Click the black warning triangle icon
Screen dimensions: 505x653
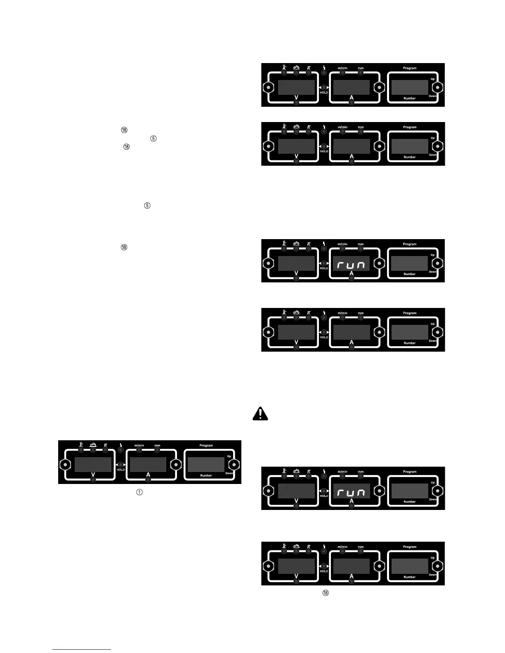pos(260,413)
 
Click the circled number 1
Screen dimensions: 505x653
pos(139,492)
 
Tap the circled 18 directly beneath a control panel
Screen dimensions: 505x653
pos(326,593)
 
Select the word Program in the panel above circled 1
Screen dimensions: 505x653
pos(206,446)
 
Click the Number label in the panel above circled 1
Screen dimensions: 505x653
pos(206,475)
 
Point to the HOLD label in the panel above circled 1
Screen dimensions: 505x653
pos(120,470)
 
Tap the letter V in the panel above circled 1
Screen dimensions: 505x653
pos(93,475)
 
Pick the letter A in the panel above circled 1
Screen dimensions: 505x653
pos(148,475)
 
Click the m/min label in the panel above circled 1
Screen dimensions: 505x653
pos(139,446)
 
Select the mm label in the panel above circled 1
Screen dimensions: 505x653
pos(157,446)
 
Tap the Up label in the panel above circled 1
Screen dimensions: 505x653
pos(229,456)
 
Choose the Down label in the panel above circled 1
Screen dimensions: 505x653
pos(229,473)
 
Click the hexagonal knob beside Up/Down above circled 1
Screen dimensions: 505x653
pos(234,465)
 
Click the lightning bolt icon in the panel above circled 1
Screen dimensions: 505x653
pos(121,445)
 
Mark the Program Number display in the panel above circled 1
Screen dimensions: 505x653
pos(206,465)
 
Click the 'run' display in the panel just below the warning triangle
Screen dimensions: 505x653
pos(352,491)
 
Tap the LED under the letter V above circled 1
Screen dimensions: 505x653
pos(93,480)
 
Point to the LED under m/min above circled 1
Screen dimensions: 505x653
pos(139,450)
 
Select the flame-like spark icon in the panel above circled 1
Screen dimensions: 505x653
pos(93,445)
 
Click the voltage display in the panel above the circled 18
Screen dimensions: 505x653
pos(296,566)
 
